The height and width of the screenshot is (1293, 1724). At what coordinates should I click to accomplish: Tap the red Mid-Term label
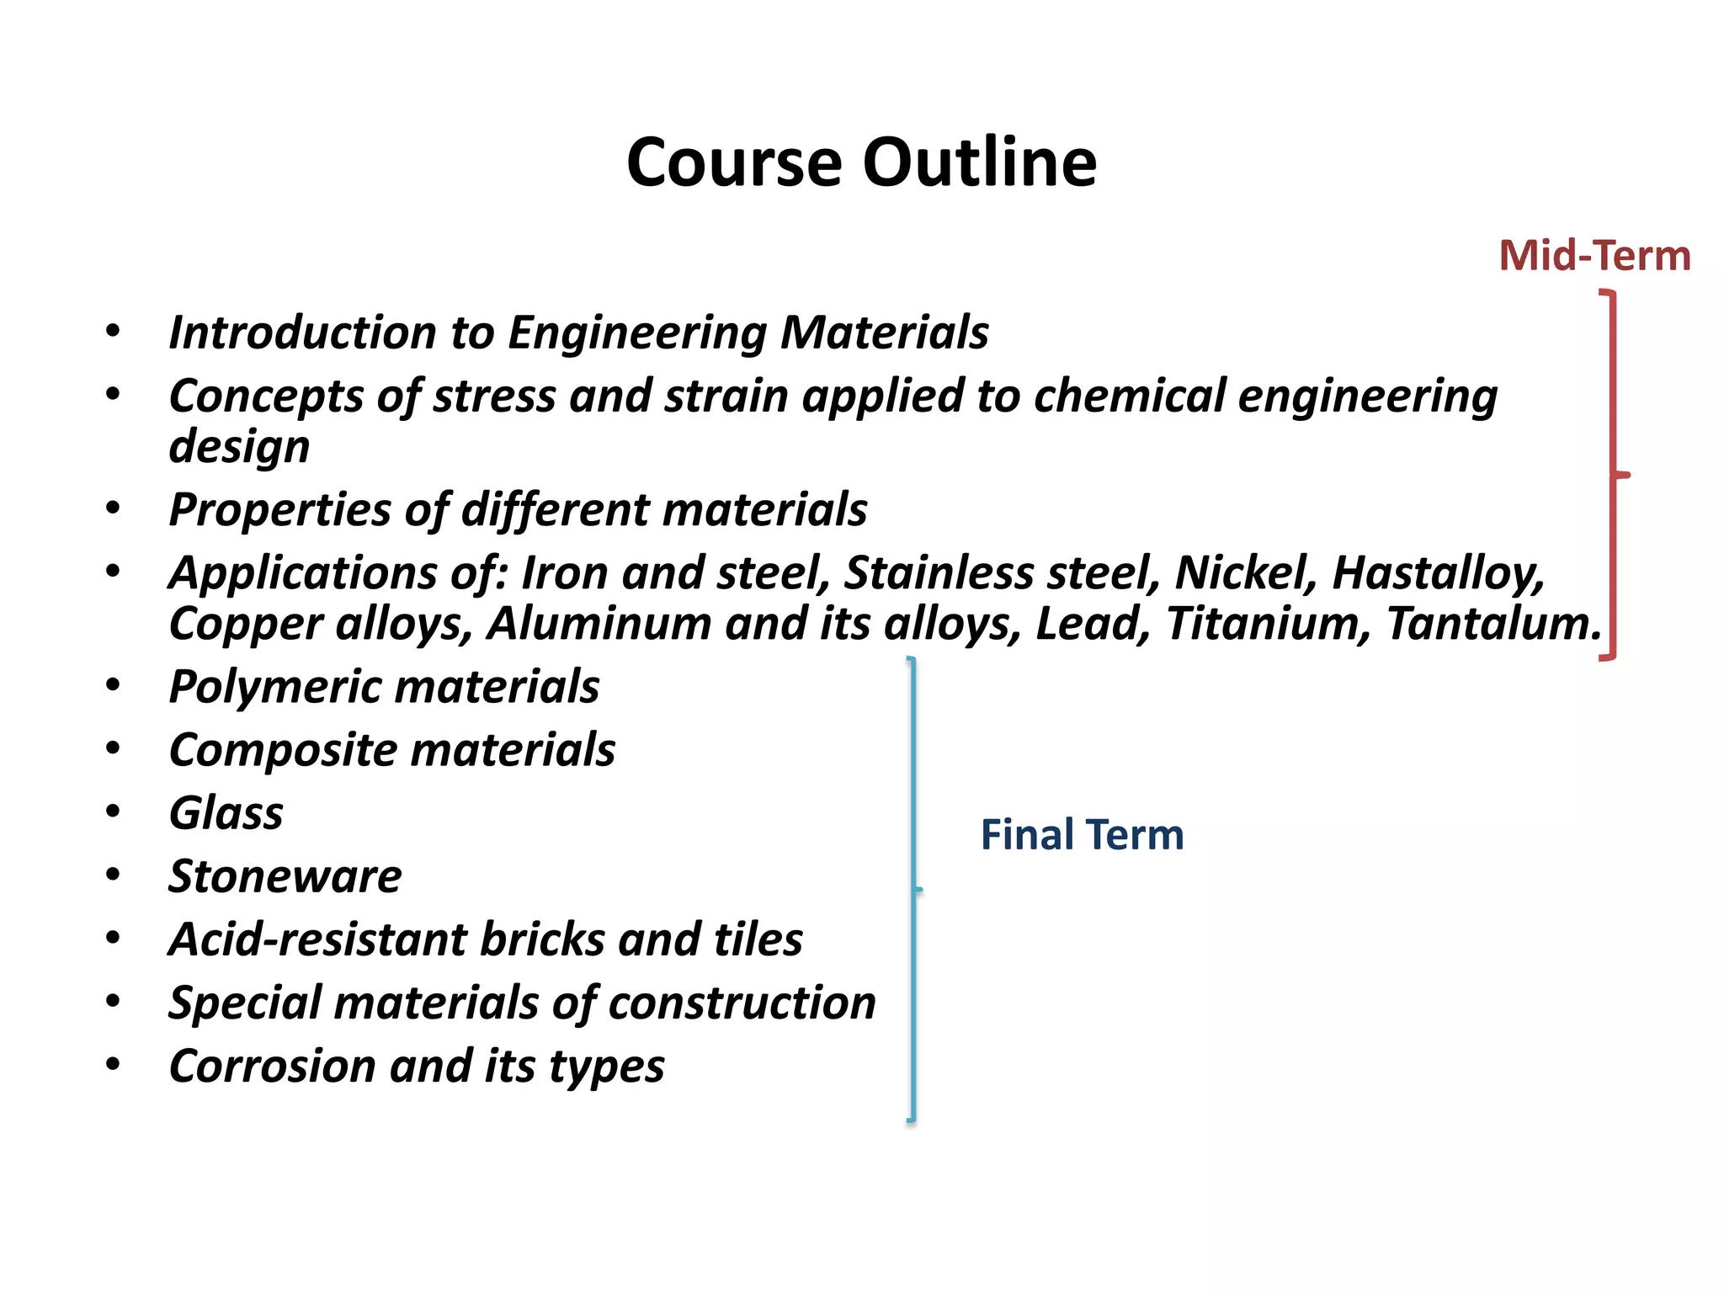point(1594,255)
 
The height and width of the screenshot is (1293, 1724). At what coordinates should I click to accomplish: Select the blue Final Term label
point(1082,835)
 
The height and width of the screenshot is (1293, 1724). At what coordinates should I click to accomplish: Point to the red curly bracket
point(1612,475)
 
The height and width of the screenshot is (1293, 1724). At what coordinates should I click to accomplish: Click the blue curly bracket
point(914,889)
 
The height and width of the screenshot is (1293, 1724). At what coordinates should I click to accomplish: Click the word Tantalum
point(1493,624)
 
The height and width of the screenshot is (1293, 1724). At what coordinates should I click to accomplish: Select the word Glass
point(226,813)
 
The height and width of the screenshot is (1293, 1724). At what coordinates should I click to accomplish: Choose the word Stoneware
point(285,876)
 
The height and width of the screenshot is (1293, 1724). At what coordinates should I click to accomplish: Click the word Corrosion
point(272,1066)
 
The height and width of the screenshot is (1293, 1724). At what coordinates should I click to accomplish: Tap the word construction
point(742,1003)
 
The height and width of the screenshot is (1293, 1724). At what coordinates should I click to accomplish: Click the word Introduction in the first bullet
point(302,332)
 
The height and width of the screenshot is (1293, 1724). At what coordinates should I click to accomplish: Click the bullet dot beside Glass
point(113,811)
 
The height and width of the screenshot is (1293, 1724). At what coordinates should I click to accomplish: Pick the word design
point(239,446)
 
